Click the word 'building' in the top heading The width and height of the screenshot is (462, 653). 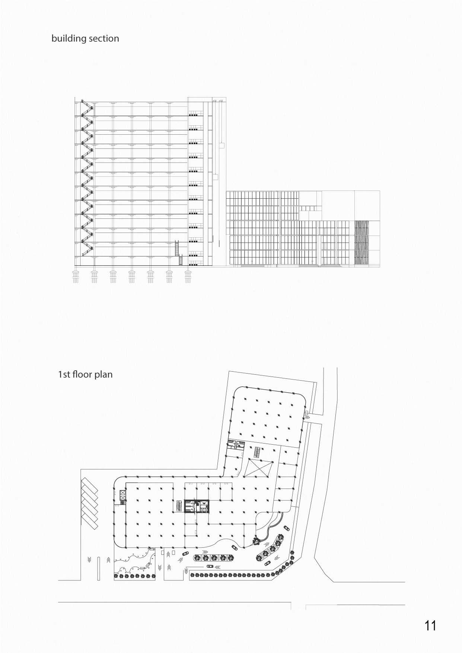pos(69,39)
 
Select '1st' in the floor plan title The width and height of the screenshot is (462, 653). pos(64,374)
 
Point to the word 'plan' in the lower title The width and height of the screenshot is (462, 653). pos(103,374)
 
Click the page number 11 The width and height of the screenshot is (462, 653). pos(430,625)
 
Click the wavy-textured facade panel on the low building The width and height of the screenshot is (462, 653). pos(361,243)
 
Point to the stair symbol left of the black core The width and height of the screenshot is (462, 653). pos(179,506)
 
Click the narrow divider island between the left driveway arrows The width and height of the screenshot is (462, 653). pos(99,568)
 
